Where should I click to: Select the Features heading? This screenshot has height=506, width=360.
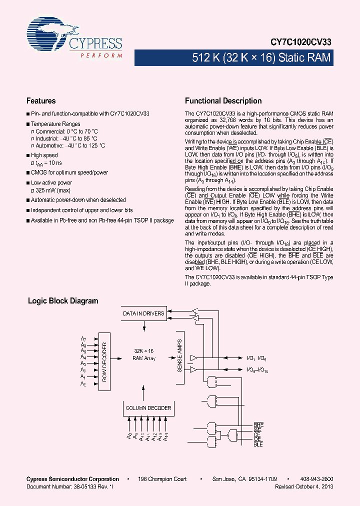click(41, 100)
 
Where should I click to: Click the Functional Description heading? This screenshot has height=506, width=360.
click(223, 100)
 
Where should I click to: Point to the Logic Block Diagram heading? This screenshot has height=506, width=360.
click(63, 301)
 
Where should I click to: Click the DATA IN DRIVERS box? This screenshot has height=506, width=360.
click(144, 313)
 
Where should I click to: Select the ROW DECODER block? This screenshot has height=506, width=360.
click(104, 361)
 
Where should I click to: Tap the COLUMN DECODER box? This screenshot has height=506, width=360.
click(148, 408)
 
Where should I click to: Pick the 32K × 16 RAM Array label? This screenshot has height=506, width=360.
click(143, 354)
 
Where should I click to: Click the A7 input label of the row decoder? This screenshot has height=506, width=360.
click(83, 339)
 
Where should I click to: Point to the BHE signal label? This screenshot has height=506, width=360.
click(258, 424)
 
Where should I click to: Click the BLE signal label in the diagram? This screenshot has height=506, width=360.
click(258, 444)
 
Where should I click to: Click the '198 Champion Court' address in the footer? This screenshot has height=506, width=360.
click(162, 479)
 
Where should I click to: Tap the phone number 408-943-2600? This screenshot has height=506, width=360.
click(318, 479)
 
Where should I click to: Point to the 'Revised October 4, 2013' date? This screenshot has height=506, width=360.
click(304, 486)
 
